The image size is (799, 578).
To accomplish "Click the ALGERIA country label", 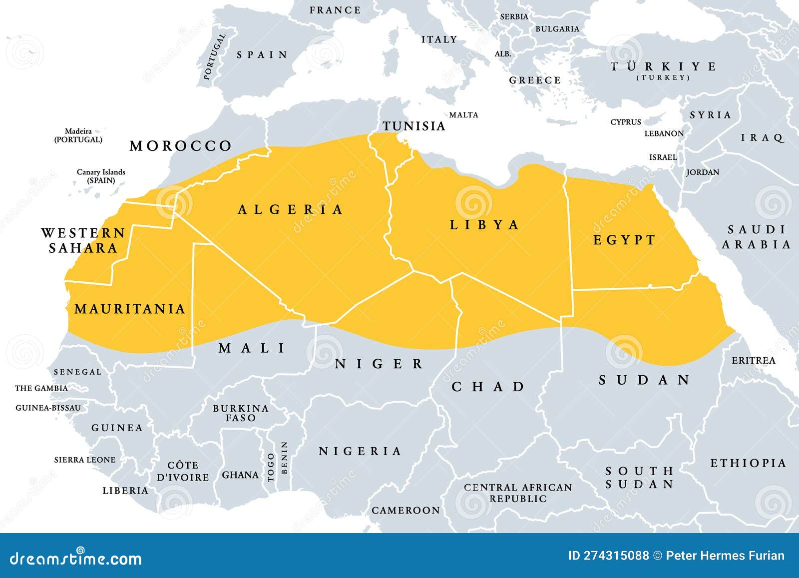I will point(291,209).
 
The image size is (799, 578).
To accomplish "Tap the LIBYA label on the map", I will point(484,225).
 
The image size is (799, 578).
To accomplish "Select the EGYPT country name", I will point(624,240).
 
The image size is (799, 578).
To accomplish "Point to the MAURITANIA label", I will point(130,309).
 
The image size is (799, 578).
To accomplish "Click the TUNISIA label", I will point(413,126).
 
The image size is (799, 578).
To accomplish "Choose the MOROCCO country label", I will point(181,146).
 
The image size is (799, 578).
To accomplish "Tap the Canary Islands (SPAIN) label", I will point(101,176).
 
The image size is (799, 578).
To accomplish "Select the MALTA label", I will point(463,115).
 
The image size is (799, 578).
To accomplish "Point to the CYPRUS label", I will point(626,122).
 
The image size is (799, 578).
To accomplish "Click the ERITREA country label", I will point(753,360).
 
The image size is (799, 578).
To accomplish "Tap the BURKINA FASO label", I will point(241,413).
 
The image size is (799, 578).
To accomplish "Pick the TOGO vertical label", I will point(271,467).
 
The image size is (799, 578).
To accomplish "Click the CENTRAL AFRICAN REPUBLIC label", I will point(518,493).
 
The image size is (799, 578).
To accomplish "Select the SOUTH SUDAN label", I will point(640,477).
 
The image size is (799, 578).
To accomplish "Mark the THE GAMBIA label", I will point(41,388).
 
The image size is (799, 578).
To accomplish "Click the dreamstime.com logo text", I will point(76,558).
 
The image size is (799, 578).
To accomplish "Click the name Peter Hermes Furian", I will point(725,556).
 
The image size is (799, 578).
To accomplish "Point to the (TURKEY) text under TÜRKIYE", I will point(663,77).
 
